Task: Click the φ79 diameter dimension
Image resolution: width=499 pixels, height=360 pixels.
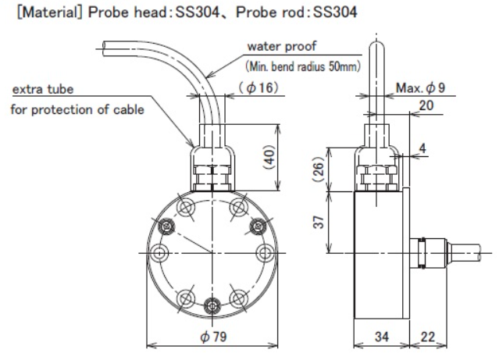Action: click(213, 337)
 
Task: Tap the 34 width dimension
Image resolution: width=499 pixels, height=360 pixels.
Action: click(382, 337)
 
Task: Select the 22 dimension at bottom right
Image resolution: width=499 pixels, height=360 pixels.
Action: click(427, 337)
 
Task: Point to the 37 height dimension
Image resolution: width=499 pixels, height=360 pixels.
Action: click(319, 222)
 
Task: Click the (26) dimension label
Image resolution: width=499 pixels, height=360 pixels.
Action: click(319, 169)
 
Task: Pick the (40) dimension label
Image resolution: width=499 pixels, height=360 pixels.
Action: click(270, 158)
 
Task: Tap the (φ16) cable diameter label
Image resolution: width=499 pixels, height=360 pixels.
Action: click(258, 87)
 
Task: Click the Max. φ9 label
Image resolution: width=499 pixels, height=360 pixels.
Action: click(420, 87)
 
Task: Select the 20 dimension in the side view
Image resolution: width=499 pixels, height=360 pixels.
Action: click(426, 105)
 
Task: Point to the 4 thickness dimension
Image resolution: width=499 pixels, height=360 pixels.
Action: click(422, 148)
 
